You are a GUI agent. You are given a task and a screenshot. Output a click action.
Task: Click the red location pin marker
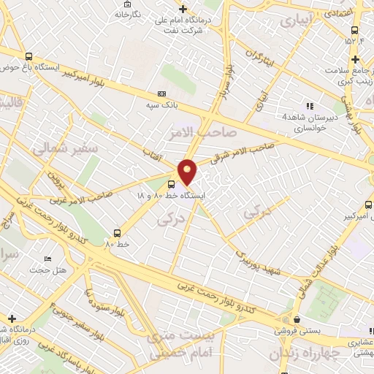[188, 172]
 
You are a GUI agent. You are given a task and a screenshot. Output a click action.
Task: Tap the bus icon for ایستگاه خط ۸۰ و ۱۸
[171, 184]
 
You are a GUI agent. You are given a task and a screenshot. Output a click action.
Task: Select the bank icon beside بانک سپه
[161, 94]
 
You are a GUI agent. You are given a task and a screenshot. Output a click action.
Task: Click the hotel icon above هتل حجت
[47, 259]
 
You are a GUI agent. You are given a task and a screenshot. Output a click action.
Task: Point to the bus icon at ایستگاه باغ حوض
[28, 56]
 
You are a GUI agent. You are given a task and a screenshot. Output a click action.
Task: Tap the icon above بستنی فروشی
[297, 319]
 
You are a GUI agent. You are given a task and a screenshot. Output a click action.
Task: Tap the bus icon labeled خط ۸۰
[115, 234]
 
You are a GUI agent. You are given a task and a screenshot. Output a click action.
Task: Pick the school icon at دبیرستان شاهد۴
[310, 106]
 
